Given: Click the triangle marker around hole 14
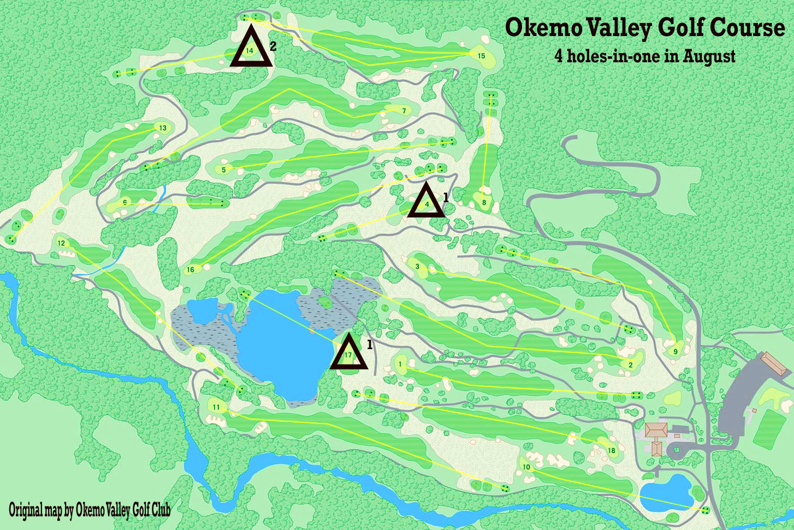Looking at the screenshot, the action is (x=251, y=49).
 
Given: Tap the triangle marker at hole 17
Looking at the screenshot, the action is (x=349, y=354).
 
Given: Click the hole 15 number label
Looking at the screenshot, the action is (x=481, y=56).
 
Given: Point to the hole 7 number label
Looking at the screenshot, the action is (x=404, y=111).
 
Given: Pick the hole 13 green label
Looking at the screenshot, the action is (x=163, y=128).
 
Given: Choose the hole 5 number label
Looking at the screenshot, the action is (x=223, y=170).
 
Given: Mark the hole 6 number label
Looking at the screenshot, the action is (x=125, y=203).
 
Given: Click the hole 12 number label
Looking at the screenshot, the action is (x=61, y=243).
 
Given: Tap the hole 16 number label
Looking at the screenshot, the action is (x=191, y=269).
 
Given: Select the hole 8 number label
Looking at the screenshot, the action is (x=484, y=203).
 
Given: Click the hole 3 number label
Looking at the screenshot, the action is (x=417, y=267).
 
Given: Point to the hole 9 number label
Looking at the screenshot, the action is (x=676, y=351).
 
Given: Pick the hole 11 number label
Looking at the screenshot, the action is (x=216, y=407).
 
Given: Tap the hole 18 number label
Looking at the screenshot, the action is (x=612, y=451).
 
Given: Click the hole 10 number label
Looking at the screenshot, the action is (x=526, y=467).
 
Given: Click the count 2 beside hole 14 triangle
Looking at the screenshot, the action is (x=273, y=47).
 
